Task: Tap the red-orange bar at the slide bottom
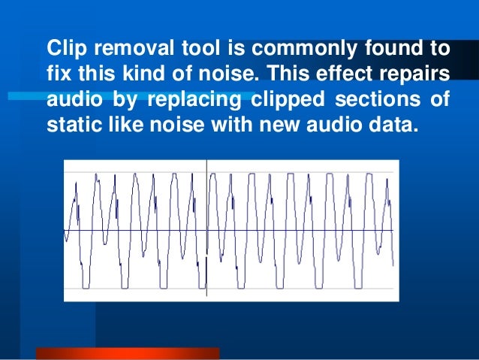click(128, 352)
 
